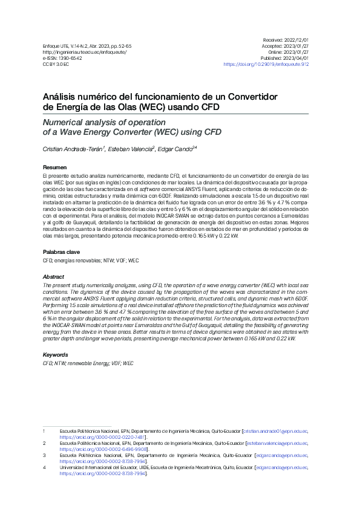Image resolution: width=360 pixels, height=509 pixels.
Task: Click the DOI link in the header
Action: pos(266,63)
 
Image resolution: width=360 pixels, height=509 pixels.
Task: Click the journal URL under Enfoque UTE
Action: pos(76,52)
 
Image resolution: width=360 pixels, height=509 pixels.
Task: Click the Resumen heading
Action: pos(54,167)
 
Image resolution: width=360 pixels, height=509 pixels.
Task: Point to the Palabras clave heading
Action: pos(61,251)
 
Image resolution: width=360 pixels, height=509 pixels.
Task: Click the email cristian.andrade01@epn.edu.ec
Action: pos(275,431)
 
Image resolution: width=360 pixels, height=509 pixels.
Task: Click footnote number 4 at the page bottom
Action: pos(44,468)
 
